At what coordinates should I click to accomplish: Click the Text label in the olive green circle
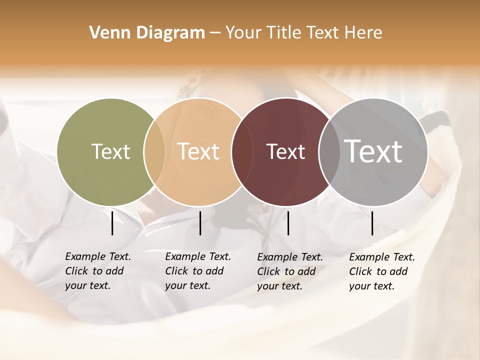(x=110, y=151)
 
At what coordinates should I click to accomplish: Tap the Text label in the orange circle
(x=198, y=151)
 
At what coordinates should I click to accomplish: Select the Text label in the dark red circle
(x=286, y=152)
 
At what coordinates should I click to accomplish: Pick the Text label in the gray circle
(x=373, y=151)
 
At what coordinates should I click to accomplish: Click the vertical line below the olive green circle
(x=112, y=223)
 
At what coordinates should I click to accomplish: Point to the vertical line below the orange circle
(x=200, y=223)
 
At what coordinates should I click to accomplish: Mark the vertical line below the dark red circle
(x=288, y=223)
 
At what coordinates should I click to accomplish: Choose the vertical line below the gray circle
(x=372, y=223)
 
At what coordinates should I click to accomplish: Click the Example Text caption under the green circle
(x=97, y=271)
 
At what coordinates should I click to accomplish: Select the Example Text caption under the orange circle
(x=197, y=271)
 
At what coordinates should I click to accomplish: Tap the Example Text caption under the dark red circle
(x=289, y=271)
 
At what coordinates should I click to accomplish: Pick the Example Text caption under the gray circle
(x=381, y=271)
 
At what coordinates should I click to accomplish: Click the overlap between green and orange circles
(x=154, y=151)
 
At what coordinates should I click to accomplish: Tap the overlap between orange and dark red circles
(x=238, y=151)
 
